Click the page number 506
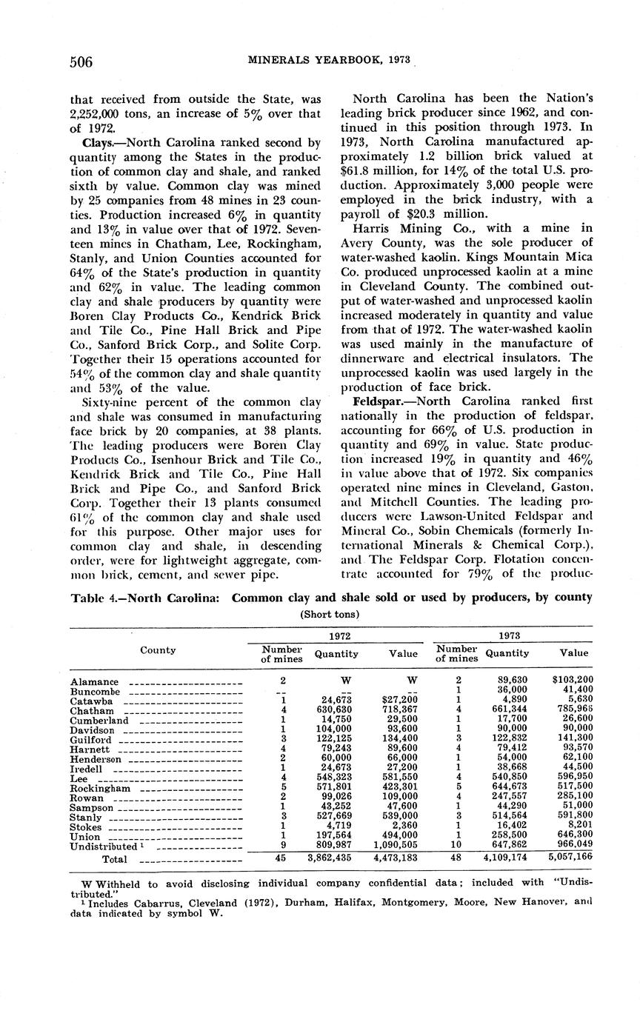pos(81,62)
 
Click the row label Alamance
pos(94,682)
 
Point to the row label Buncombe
pos(95,692)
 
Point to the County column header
pos(158,650)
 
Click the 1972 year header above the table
pos(335,635)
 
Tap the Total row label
pos(114,859)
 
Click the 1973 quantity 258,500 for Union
pos(507,836)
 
